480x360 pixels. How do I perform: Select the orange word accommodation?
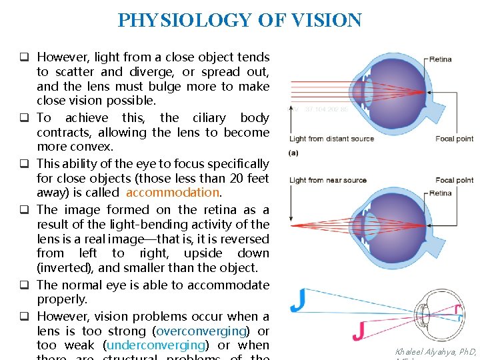[x=172, y=193]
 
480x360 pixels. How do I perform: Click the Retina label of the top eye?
[x=441, y=59]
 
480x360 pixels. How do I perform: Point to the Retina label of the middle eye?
[x=441, y=193]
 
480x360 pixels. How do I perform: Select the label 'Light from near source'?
[x=328, y=180]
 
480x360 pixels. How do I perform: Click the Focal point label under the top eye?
[x=455, y=139]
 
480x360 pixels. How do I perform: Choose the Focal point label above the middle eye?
[x=455, y=180]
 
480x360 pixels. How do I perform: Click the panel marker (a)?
[x=294, y=153]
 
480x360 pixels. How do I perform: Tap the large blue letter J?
[x=298, y=301]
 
